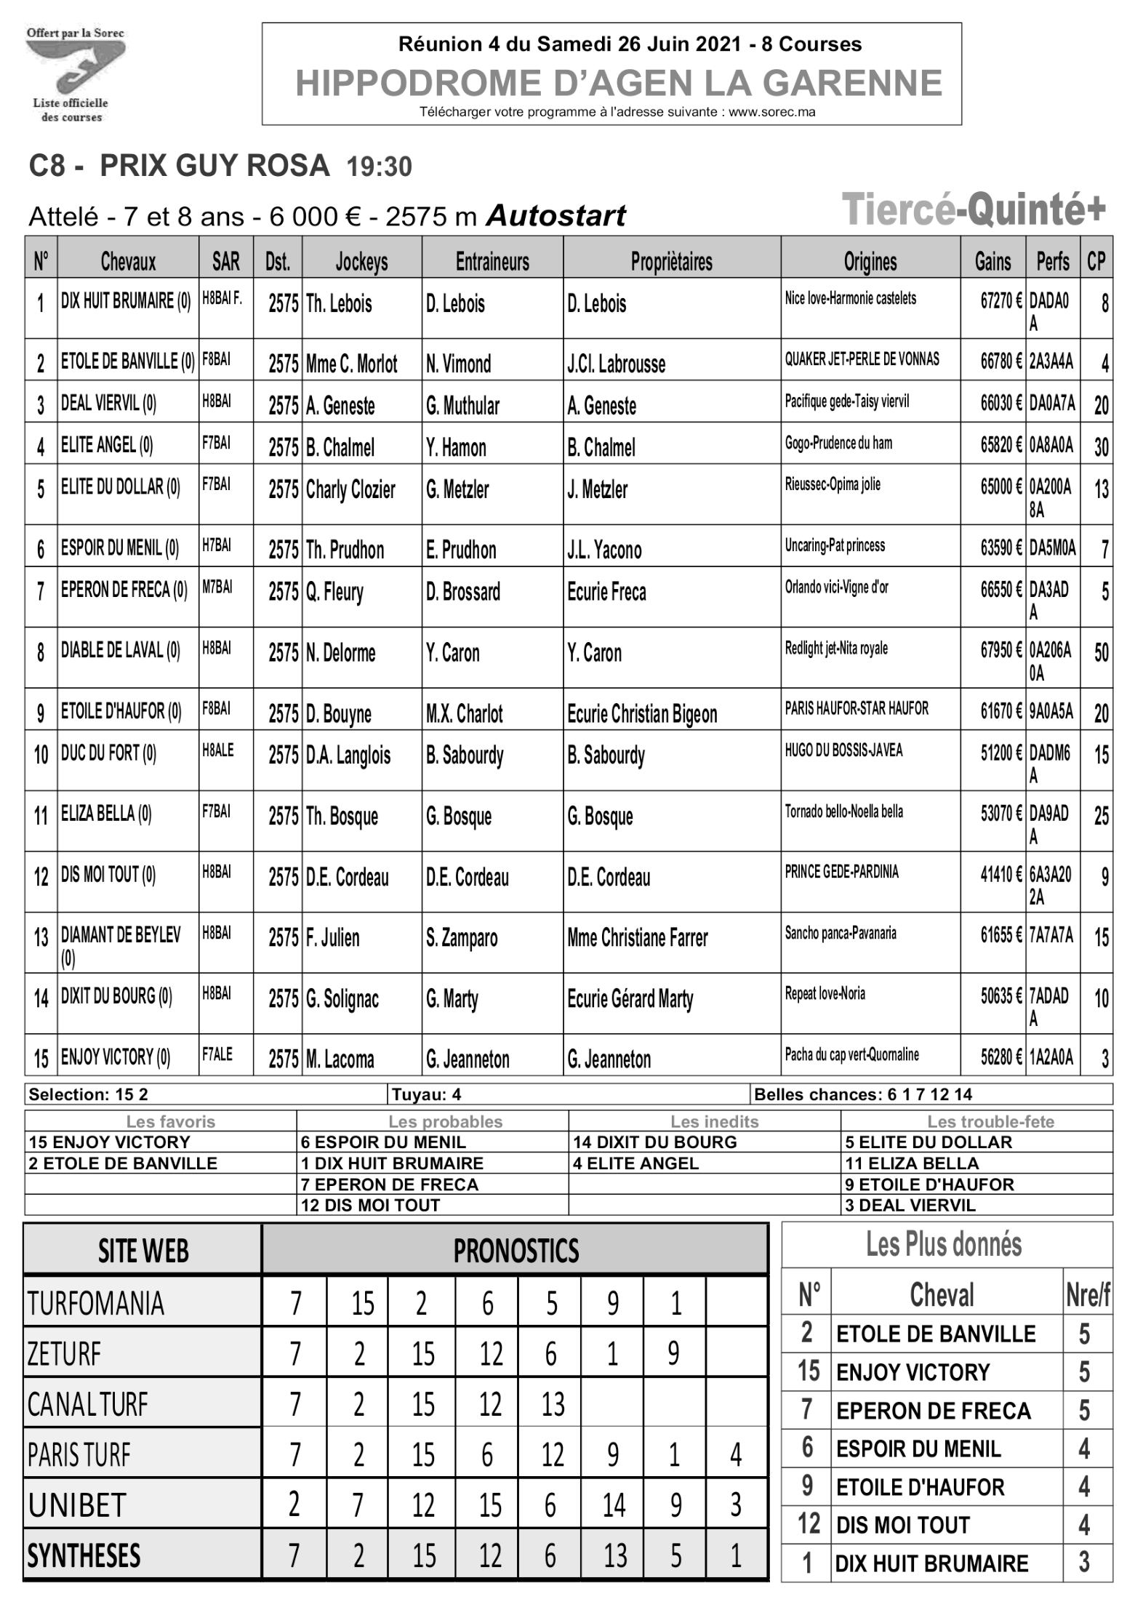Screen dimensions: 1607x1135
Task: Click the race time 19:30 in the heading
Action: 379,167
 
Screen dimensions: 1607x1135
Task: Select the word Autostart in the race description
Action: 556,216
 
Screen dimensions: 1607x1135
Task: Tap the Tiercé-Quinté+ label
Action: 974,209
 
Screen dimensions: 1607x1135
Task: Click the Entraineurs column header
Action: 492,261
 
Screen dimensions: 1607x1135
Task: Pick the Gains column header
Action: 992,261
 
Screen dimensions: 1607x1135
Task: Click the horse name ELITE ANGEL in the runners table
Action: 106,444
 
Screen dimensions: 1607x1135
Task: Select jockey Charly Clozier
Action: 350,489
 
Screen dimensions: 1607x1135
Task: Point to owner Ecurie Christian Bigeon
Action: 642,714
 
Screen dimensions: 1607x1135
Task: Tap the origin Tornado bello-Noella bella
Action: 843,811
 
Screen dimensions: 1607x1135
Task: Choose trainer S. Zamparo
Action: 462,938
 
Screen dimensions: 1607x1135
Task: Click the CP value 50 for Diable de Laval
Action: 1101,652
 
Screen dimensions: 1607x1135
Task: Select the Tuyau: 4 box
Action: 426,1094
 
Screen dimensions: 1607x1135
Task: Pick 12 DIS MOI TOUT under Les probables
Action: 370,1205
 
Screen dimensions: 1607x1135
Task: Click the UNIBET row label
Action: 77,1505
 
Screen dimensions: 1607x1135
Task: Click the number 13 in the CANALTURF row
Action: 553,1405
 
